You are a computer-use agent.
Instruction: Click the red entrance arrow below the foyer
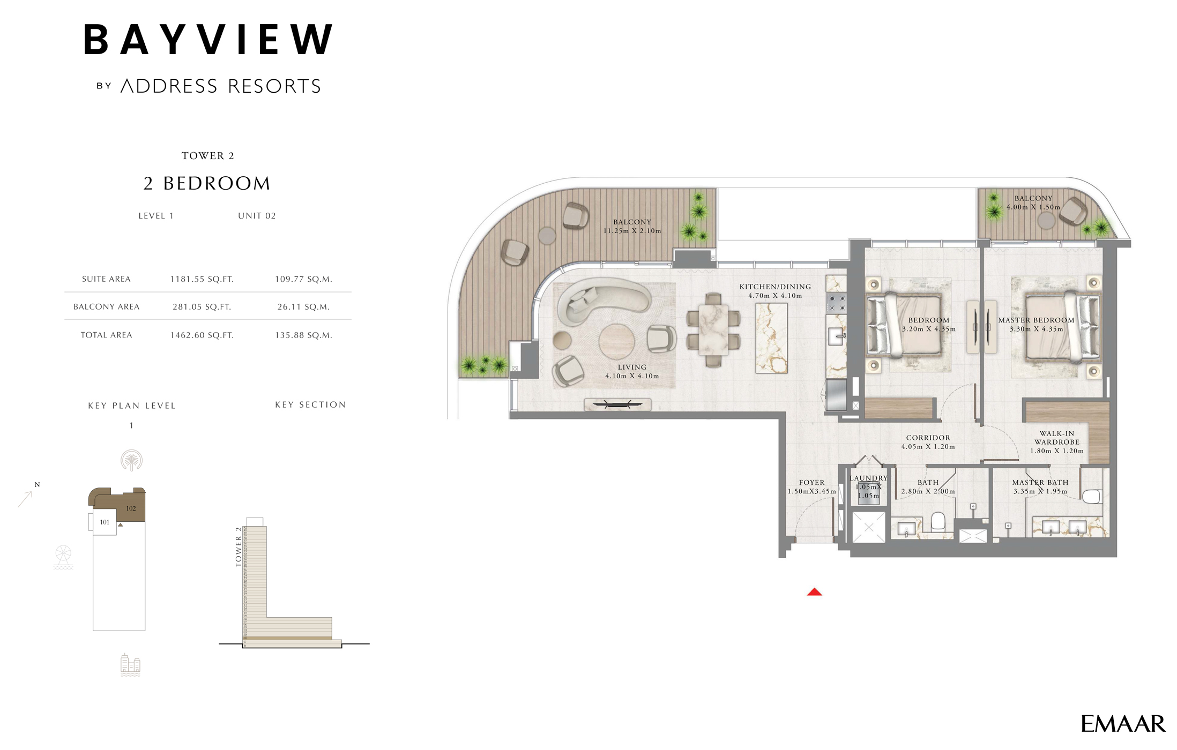point(814,592)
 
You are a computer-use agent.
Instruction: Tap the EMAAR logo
point(1122,724)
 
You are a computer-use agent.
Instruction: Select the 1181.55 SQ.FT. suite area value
point(202,279)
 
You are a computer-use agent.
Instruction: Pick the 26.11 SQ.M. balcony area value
point(303,307)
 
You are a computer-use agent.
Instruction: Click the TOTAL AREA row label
point(106,335)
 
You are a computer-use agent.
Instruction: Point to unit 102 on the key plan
point(131,508)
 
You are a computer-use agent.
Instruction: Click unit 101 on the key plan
point(105,522)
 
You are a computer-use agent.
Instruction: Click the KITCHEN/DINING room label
point(775,287)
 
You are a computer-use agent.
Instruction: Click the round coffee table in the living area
point(616,341)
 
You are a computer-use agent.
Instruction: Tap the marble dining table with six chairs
point(713,330)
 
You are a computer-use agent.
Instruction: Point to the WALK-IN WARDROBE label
point(1056,438)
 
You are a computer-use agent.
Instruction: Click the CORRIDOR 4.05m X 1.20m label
point(928,442)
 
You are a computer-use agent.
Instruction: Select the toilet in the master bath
point(1091,497)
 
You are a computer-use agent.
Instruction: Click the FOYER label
point(811,483)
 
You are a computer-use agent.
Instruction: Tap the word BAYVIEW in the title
point(208,40)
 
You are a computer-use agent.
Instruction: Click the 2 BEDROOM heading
point(207,184)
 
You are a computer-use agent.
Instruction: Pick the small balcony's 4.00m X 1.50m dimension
point(1033,207)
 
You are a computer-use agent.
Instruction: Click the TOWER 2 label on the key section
point(239,546)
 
